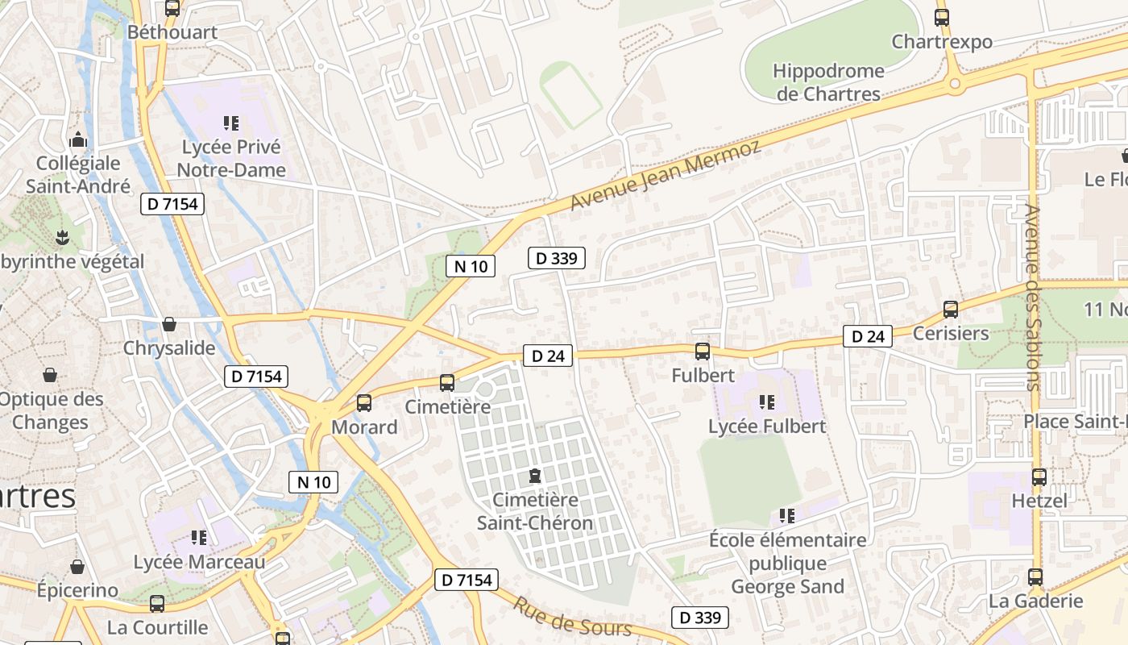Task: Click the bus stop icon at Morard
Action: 364,402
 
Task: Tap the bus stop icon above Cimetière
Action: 447,383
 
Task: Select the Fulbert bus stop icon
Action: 703,351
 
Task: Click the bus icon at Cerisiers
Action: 951,309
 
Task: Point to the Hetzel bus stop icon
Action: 1039,476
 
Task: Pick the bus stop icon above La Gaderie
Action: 1035,577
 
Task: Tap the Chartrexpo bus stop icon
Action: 942,17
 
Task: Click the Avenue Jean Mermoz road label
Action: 665,176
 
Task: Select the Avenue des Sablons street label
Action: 1034,298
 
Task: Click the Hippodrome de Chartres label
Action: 827,82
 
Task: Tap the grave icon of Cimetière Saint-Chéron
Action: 534,476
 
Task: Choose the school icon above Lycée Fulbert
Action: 766,401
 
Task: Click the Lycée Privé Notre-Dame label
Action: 231,158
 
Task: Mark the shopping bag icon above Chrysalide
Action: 169,324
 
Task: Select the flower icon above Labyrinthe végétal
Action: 61,237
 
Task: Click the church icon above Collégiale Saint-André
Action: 78,139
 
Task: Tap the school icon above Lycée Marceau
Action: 199,537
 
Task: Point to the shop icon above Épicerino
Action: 77,567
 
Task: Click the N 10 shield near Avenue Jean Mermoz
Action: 471,266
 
